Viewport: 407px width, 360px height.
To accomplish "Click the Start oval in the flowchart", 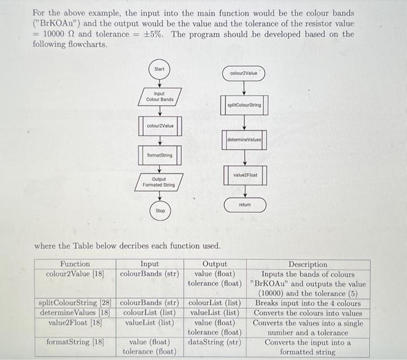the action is point(159,69).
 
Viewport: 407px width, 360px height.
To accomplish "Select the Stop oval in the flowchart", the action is point(160,211).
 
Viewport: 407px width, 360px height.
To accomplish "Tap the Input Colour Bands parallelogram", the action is point(159,97).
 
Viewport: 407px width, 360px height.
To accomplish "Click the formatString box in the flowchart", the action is point(159,155).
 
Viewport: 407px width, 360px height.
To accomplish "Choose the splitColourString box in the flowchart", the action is point(245,105).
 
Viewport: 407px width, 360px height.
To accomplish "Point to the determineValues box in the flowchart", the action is point(245,140).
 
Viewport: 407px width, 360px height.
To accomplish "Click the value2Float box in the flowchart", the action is point(245,174).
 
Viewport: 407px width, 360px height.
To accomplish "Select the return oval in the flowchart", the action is point(245,205).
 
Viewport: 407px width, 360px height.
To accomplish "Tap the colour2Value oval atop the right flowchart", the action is point(244,73).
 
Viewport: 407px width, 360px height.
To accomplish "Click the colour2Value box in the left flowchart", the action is point(159,126).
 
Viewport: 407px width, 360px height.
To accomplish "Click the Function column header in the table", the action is point(75,264).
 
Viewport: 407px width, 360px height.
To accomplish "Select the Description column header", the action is point(308,264).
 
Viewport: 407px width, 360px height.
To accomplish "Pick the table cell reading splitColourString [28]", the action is point(75,303).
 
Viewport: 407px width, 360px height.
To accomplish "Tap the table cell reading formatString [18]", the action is point(75,342).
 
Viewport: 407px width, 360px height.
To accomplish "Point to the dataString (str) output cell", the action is point(215,342).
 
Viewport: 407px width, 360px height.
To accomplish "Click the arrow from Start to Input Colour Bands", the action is point(159,82).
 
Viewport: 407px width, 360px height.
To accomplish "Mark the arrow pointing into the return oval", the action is point(245,192).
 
